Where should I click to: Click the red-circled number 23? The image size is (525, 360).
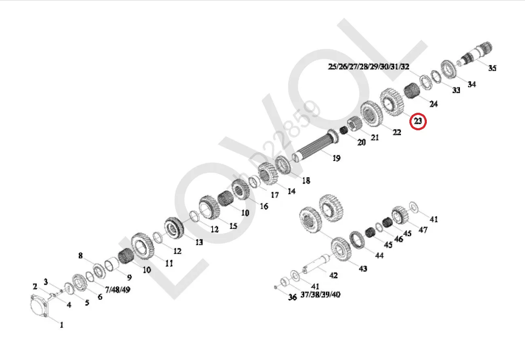pos(418,121)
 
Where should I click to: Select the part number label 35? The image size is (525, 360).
pos(492,68)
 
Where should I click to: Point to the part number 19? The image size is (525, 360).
pos(336,158)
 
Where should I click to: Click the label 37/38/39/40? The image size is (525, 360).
pos(320,294)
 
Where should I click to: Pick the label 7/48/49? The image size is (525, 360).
pos(118,290)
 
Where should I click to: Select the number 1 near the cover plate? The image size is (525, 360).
pos(61,325)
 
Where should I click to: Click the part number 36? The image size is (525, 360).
pos(292,297)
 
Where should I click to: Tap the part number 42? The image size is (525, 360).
pos(333,275)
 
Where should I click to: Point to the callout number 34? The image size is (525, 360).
pos(472,84)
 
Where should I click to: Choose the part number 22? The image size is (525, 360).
pos(397,132)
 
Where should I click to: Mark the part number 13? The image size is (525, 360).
pos(199,242)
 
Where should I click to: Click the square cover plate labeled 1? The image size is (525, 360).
pos(40,308)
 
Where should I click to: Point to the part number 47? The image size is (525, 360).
pos(423,230)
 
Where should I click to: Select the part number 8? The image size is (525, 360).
pos(80,256)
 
